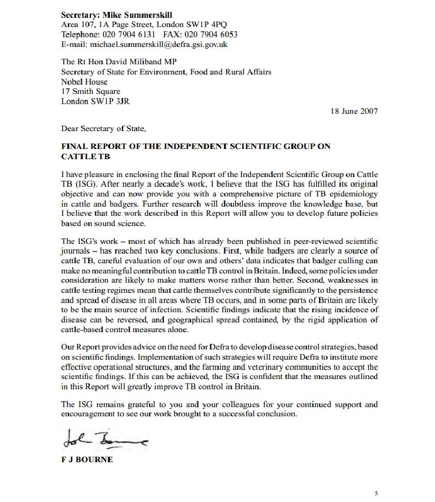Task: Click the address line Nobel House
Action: [x=84, y=82]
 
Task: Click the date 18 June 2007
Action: [x=354, y=111]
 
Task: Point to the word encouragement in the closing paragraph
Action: [x=88, y=414]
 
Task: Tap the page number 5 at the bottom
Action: [x=376, y=493]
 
